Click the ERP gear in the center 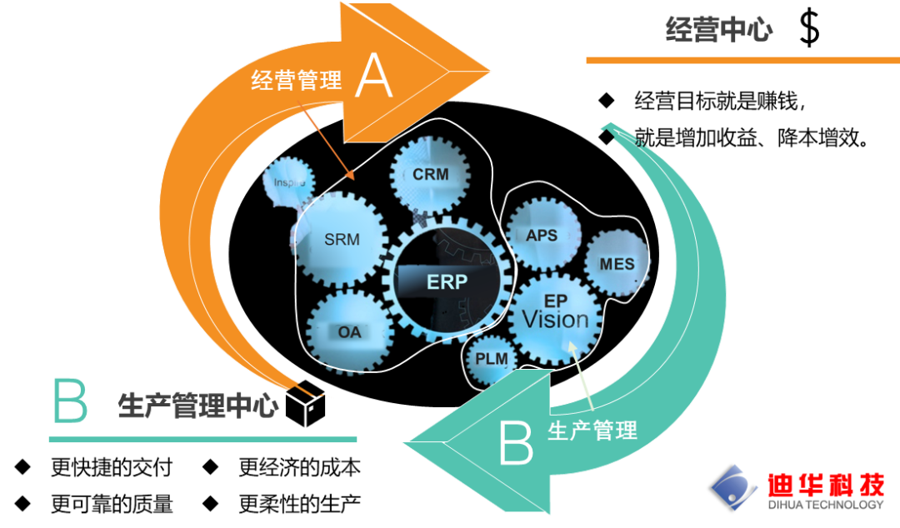click(447, 281)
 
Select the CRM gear click(430, 174)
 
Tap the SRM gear click(341, 239)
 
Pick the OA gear click(349, 331)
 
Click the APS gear click(542, 234)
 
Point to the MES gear click(617, 263)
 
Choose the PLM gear click(492, 360)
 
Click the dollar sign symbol click(809, 28)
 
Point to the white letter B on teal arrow click(516, 442)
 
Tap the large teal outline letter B click(70, 401)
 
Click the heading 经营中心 click(718, 29)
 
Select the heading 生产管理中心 click(197, 406)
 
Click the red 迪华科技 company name click(826, 486)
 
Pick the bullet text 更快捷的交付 click(112, 467)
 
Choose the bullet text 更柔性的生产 click(299, 504)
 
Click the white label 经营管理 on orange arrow click(296, 80)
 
